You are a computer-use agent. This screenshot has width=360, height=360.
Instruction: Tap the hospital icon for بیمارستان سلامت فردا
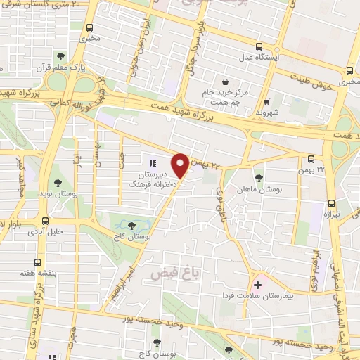257,285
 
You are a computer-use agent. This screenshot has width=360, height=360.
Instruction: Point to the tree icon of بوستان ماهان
259,177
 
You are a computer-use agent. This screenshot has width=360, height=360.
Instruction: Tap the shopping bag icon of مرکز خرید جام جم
225,81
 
